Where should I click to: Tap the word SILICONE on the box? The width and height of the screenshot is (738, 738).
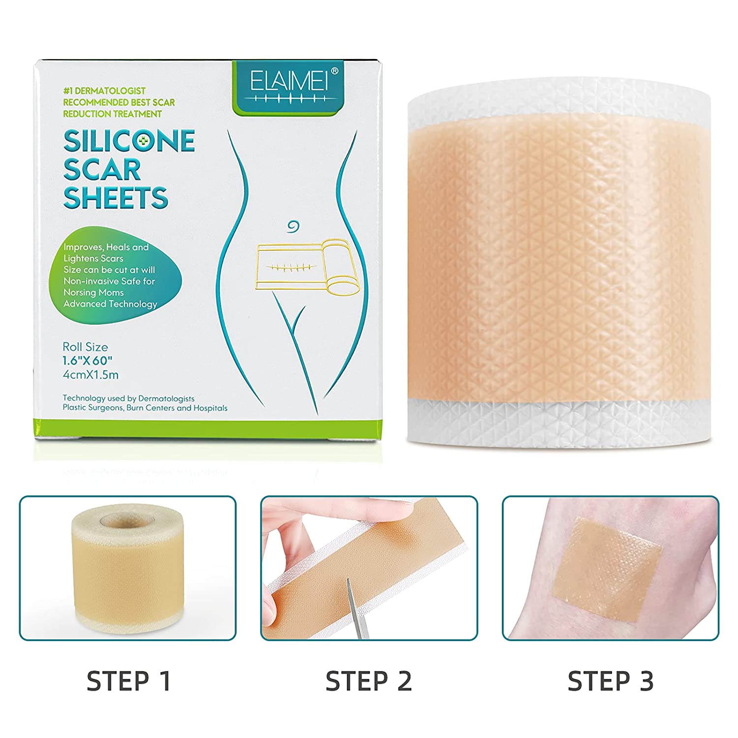pyautogui.click(x=129, y=141)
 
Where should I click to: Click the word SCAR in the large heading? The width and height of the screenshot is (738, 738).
pyautogui.click(x=102, y=170)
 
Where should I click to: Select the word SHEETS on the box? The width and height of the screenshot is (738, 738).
pyautogui.click(x=116, y=198)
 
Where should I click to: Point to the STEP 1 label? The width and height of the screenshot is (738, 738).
pyautogui.click(x=129, y=681)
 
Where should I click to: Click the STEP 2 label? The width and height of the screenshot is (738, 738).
pyautogui.click(x=369, y=681)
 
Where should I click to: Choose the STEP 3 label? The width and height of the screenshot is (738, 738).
pyautogui.click(x=611, y=681)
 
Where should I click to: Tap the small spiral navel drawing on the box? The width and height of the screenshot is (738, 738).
pyautogui.click(x=294, y=226)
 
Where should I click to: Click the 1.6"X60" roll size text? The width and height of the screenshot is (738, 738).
pyautogui.click(x=87, y=361)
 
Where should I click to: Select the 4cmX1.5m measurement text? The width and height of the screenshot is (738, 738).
pyautogui.click(x=91, y=375)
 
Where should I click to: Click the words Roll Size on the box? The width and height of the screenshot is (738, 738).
pyautogui.click(x=85, y=347)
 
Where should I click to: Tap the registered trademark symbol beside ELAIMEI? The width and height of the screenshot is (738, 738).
pyautogui.click(x=335, y=71)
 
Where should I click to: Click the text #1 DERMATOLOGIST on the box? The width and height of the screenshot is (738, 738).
pyautogui.click(x=104, y=91)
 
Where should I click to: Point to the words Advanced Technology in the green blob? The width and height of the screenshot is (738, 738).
pyautogui.click(x=110, y=304)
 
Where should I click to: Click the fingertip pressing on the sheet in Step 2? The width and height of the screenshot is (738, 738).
pyautogui.click(x=403, y=512)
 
